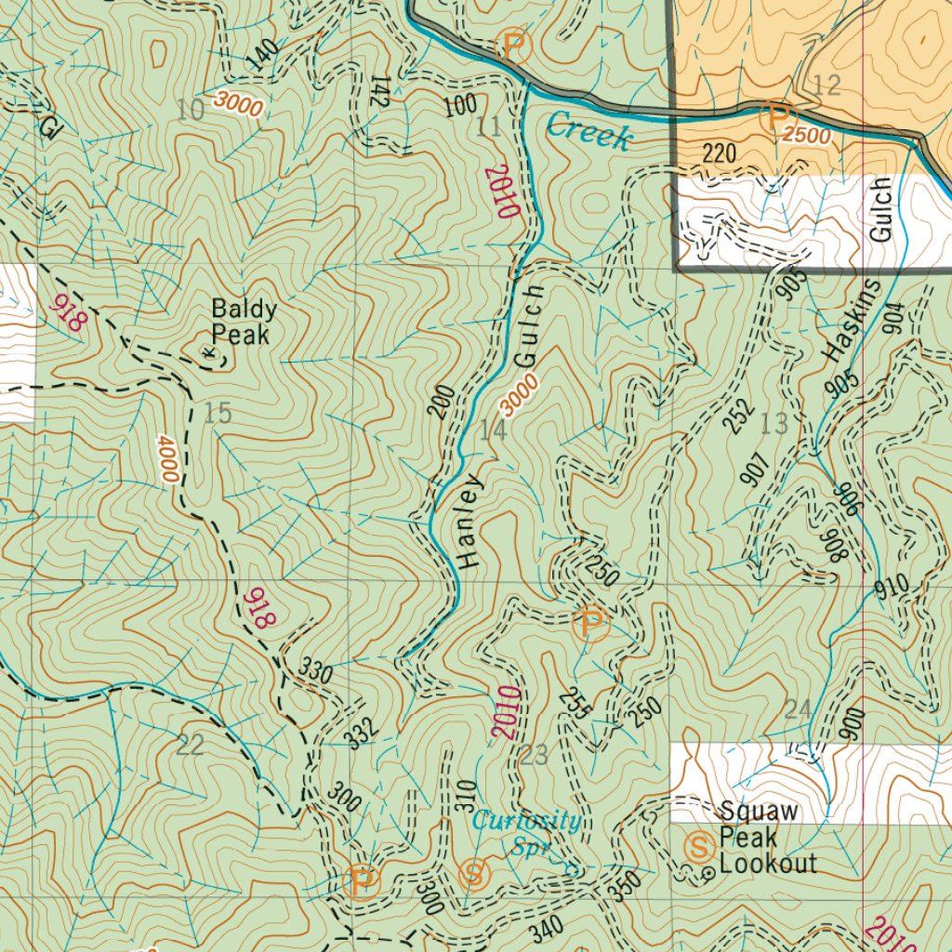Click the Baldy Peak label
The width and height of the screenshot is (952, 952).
pos(240,321)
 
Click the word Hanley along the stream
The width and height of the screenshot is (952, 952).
pos(470,522)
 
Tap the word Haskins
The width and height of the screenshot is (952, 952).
pos(838,320)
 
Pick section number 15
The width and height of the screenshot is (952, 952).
pos(218,414)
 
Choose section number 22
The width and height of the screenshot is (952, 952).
pos(190,744)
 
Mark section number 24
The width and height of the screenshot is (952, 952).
pos(798,710)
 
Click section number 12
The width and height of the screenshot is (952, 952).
pos(826,86)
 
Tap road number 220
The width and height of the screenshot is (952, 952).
pos(720,153)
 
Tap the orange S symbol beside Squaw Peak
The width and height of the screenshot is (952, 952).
pos(697,846)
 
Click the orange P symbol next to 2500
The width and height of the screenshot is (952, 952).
pos(773,117)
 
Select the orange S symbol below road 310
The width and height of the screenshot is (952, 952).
pos(473,874)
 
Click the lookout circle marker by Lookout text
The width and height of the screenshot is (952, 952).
pos(707,873)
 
